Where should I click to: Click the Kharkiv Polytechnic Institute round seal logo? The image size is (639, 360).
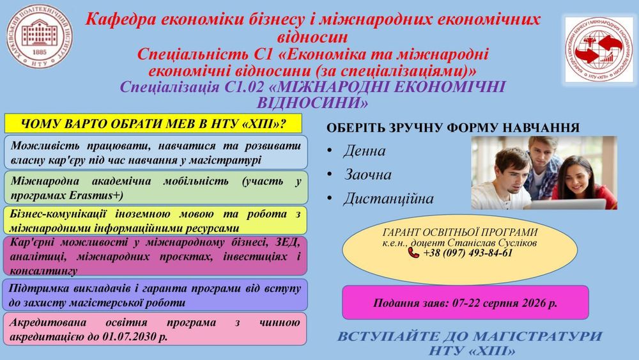click(x=40, y=36)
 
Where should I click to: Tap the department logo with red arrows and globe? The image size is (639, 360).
click(x=599, y=49)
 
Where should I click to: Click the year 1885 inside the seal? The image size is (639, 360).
click(x=40, y=52)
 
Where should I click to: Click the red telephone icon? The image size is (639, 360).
click(x=413, y=253)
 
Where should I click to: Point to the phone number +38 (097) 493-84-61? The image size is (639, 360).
click(x=468, y=253)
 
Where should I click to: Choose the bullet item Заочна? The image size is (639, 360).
click(x=367, y=175)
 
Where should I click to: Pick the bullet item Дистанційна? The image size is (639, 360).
click(x=389, y=199)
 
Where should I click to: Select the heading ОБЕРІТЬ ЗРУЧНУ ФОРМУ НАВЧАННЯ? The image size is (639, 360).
click(x=453, y=128)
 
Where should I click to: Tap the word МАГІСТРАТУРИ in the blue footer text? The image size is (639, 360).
click(x=538, y=337)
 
